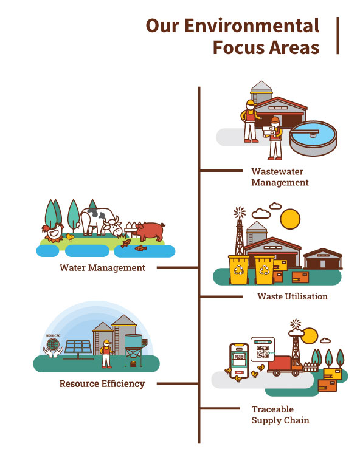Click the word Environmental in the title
pos(252,26)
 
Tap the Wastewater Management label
pos(280,177)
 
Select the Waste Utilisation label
pos(292,296)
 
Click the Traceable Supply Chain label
pos(280,415)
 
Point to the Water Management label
pos(102,267)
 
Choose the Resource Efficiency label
pos(102,383)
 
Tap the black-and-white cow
pos(100,222)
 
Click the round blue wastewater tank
pos(313,139)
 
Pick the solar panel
pos(78,348)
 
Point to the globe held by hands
pos(53,345)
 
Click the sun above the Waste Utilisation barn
pos(290,219)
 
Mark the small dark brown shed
pos(323,259)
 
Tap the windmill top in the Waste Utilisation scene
pos(240,213)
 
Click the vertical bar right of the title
pos(337,35)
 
